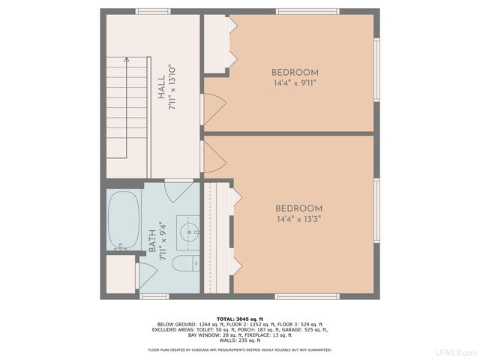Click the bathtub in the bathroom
pyautogui.click(x=124, y=220)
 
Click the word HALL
pyautogui.click(x=161, y=88)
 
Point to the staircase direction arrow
pyautogui.click(x=127, y=59)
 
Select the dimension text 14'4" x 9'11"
pyautogui.click(x=295, y=83)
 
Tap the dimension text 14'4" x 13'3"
pyautogui.click(x=298, y=219)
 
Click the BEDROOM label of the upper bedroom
pyautogui.click(x=295, y=73)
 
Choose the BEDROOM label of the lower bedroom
pyautogui.click(x=298, y=208)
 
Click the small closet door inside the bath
pyautogui.click(x=146, y=273)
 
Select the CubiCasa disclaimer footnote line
pyautogui.click(x=239, y=349)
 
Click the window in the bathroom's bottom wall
pyautogui.click(x=154, y=296)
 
